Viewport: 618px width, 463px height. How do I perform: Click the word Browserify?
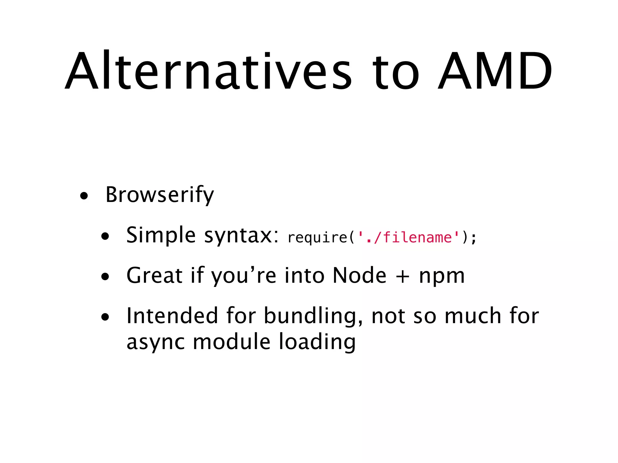tap(159, 195)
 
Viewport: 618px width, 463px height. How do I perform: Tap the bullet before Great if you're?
tap(105, 277)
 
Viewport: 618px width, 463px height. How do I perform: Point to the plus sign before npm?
tap(403, 277)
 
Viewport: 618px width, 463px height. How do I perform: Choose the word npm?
tap(442, 277)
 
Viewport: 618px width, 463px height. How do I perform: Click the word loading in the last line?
tap(317, 343)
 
